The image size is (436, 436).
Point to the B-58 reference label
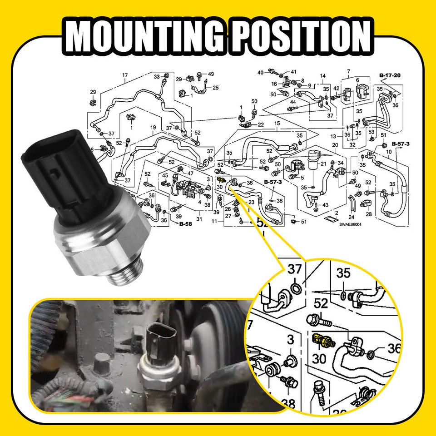point(185,224)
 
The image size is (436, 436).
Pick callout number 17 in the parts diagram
point(125,75)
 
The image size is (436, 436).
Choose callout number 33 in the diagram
point(156,76)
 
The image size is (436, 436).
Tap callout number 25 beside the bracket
point(215,88)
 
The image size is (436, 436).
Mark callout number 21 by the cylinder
point(337,164)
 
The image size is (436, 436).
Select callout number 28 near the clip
point(368,214)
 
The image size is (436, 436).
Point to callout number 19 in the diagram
point(153,128)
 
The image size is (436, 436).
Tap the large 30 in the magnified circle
point(319,359)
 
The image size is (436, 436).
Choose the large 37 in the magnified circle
point(295,270)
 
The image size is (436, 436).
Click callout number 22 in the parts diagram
point(261,125)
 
